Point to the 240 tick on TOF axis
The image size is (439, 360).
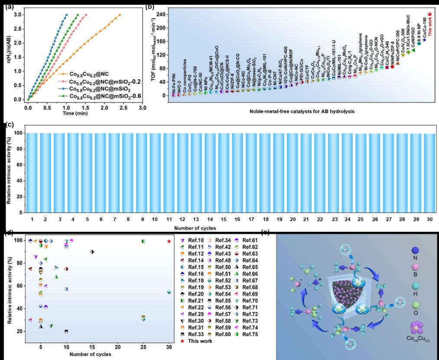[x=161, y=15]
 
